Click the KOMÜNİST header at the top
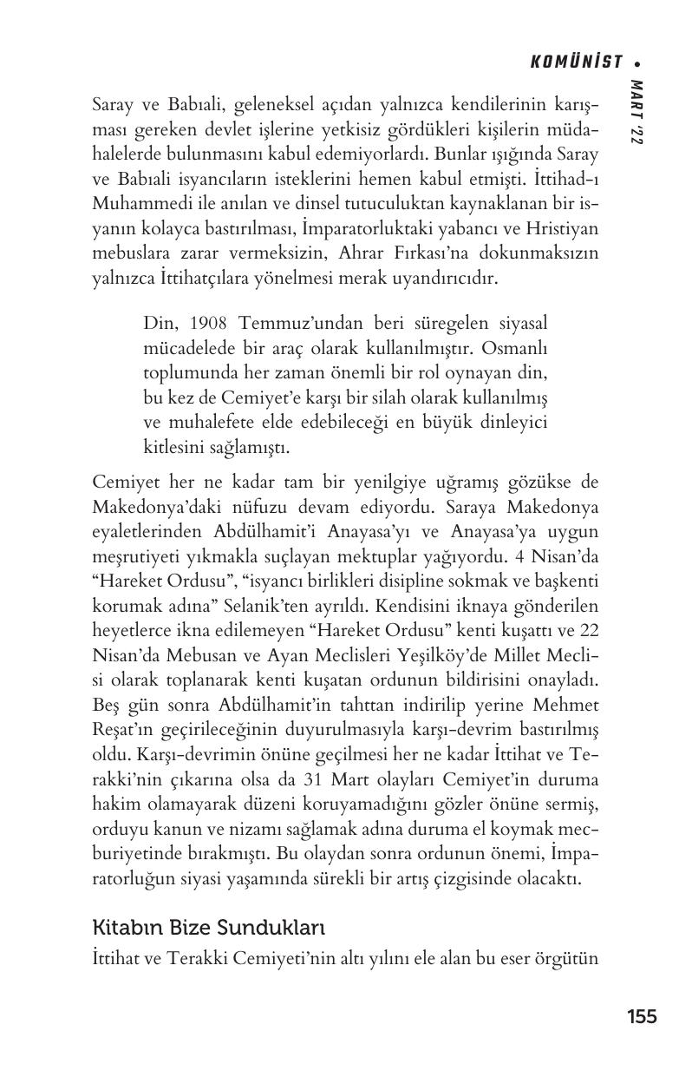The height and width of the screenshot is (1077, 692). pos(576,62)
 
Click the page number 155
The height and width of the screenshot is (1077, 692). pos(642,1016)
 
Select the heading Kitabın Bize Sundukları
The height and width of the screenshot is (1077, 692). pos(208,928)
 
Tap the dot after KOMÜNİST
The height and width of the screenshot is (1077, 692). pos(637,62)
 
